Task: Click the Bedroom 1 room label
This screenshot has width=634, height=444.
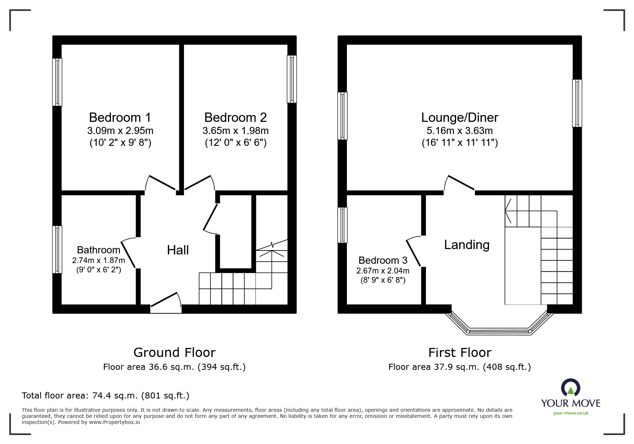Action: click(x=120, y=118)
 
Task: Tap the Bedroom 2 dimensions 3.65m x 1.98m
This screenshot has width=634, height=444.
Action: click(x=236, y=131)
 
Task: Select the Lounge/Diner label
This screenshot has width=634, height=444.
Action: click(x=460, y=118)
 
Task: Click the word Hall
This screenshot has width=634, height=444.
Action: click(x=178, y=250)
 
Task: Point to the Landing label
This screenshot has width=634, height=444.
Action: click(x=466, y=245)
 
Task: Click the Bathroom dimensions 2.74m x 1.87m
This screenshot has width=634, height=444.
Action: click(x=98, y=261)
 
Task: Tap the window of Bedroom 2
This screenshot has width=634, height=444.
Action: click(x=292, y=79)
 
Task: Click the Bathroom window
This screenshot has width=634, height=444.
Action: click(x=57, y=249)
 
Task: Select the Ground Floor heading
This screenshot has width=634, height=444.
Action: click(x=174, y=353)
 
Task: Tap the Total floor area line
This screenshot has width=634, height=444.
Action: click(x=106, y=396)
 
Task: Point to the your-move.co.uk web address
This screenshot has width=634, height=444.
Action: click(x=571, y=413)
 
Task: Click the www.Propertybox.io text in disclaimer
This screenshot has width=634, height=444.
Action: click(x=115, y=422)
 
